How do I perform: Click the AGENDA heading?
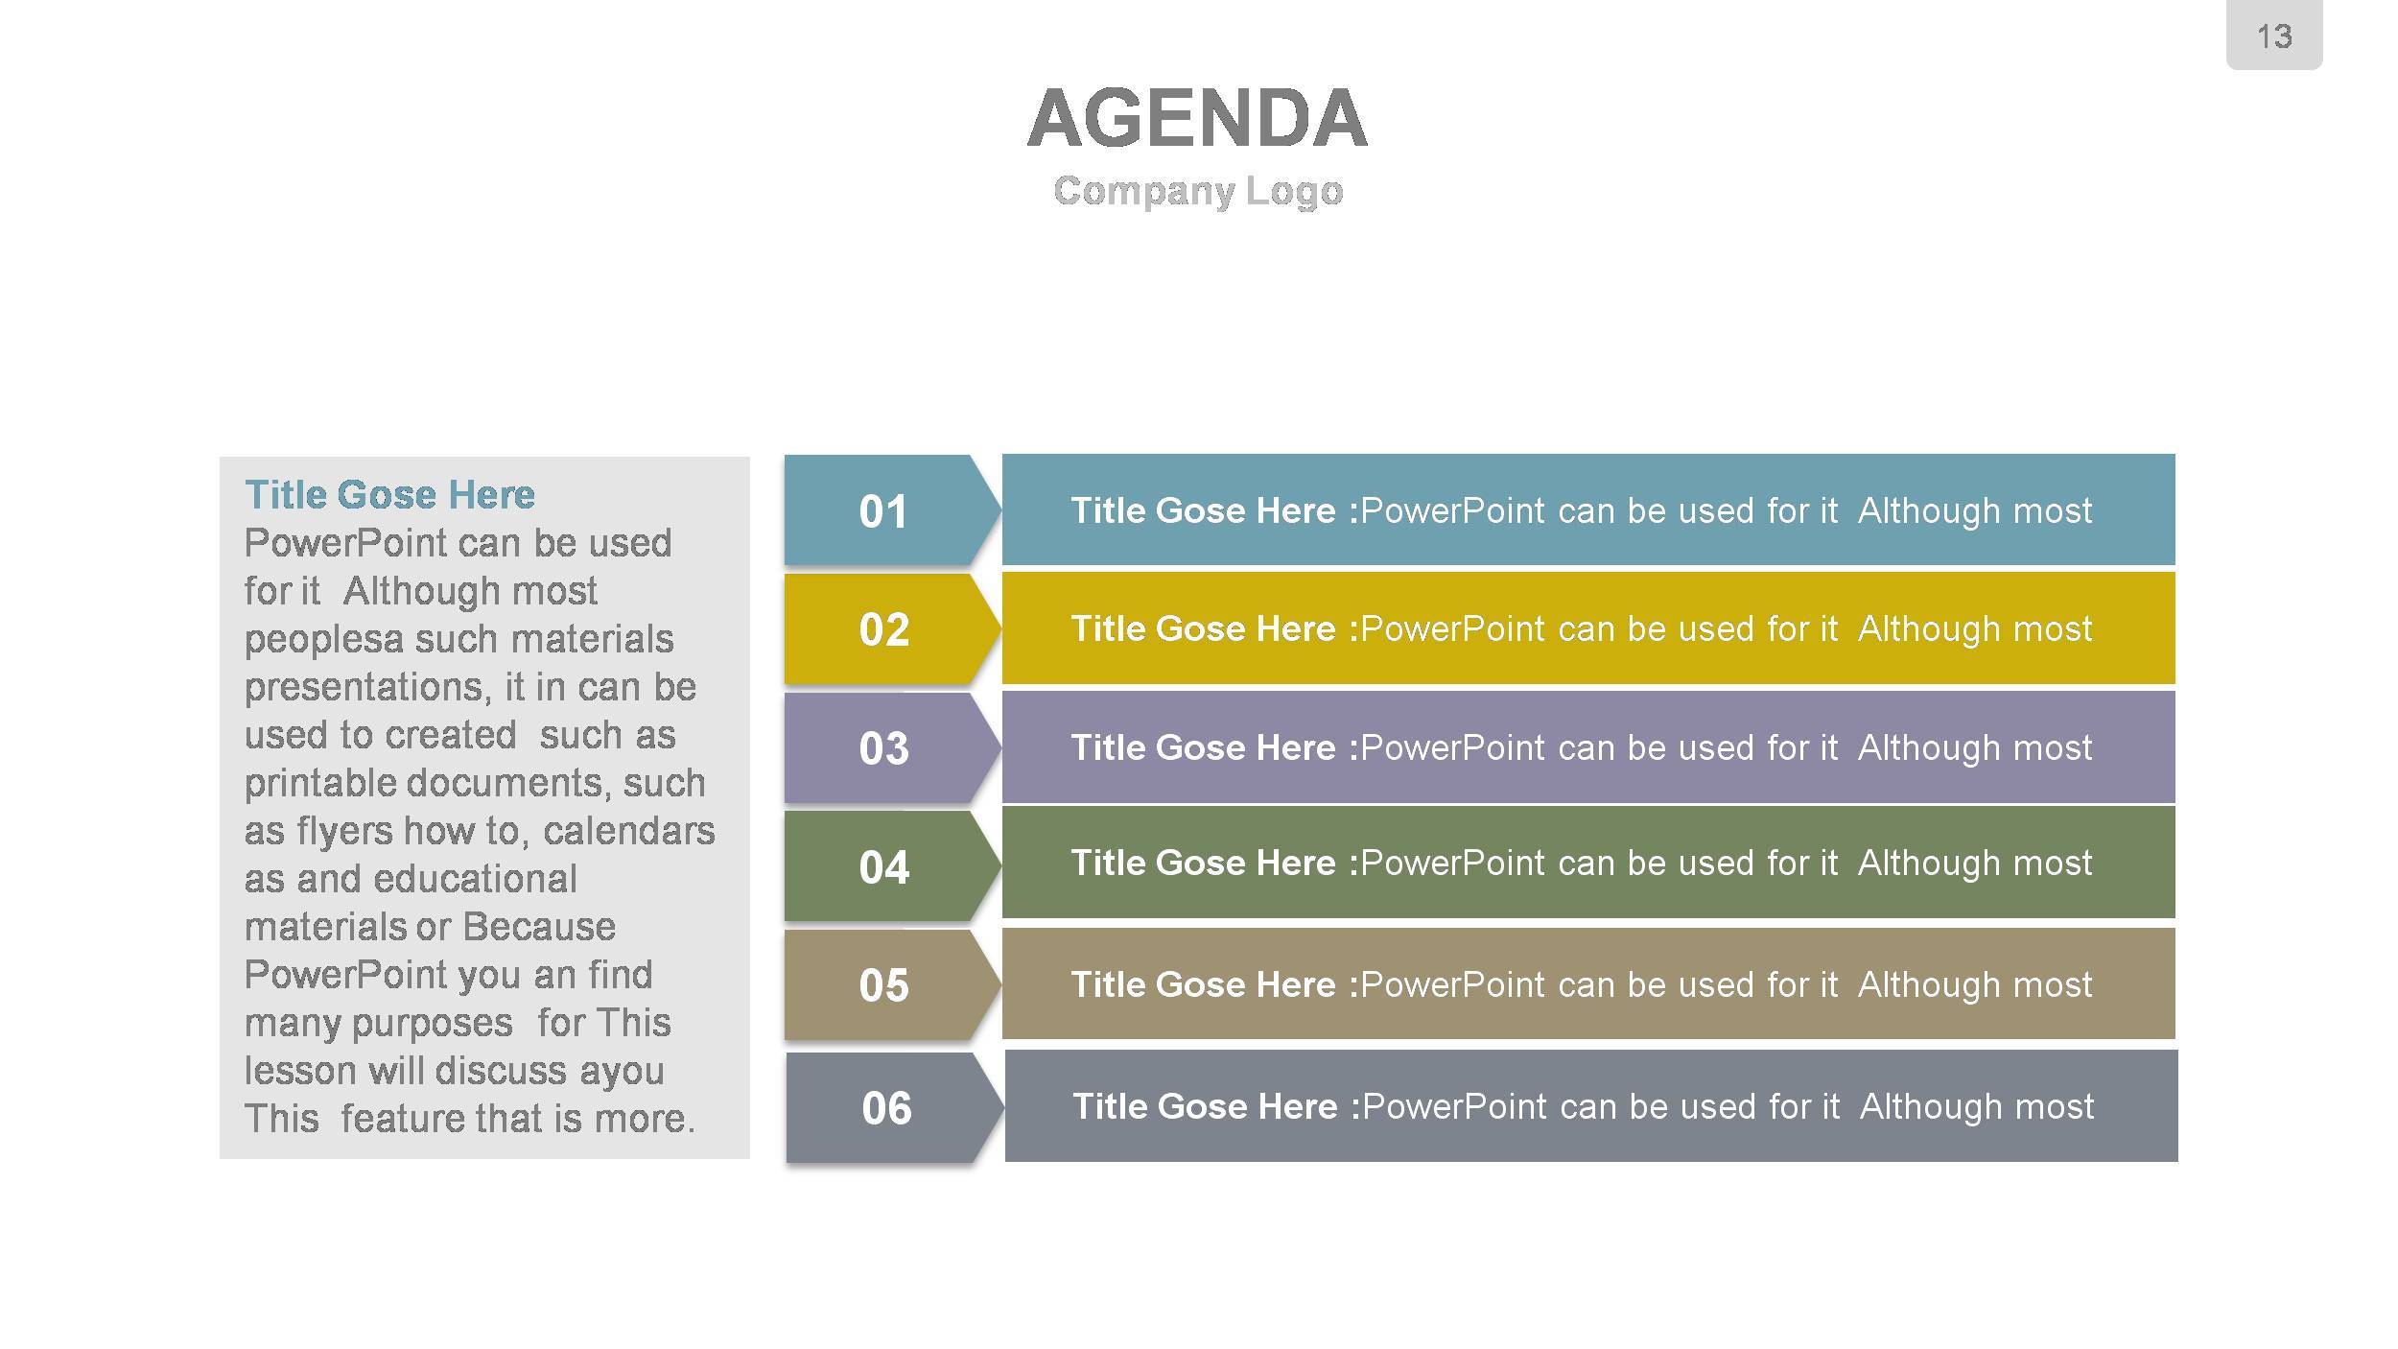coord(1197,118)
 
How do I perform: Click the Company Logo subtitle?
coord(1198,191)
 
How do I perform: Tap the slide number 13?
coord(2274,36)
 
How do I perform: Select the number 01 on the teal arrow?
coord(883,511)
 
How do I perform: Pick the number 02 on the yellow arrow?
coord(883,629)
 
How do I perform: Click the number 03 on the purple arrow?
coord(883,748)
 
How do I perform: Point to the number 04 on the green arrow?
coord(883,867)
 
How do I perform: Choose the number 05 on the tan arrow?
coord(883,985)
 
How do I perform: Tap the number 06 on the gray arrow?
coord(886,1108)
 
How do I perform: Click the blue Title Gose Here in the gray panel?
coord(389,495)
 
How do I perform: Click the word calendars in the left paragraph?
coord(628,830)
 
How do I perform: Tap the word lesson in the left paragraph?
coord(300,1071)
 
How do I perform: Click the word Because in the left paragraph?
coord(539,927)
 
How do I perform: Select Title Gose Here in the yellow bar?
coord(1203,628)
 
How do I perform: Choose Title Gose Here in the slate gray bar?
coord(1205,1106)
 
